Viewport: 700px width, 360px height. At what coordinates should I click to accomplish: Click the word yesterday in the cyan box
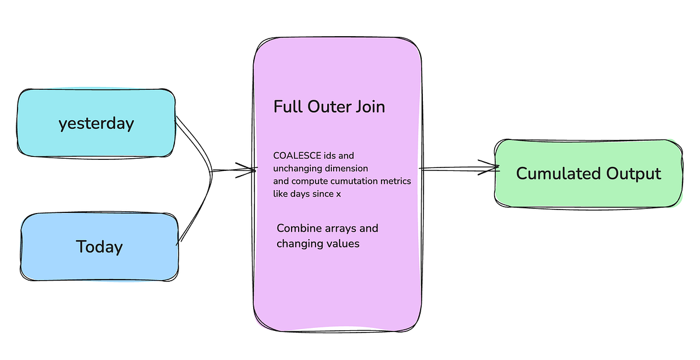[x=96, y=124]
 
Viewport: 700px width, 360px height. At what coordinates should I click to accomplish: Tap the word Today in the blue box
[x=99, y=247]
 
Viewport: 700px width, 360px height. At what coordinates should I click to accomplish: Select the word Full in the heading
[x=288, y=107]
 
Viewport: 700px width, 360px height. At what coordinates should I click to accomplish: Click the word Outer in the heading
[x=330, y=107]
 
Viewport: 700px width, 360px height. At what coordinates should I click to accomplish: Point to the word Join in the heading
[x=370, y=107]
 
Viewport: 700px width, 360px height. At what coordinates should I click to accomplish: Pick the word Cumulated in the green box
[x=558, y=174]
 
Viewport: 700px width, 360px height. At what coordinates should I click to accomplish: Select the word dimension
[x=346, y=169]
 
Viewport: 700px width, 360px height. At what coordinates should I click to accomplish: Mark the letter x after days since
[x=338, y=194]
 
